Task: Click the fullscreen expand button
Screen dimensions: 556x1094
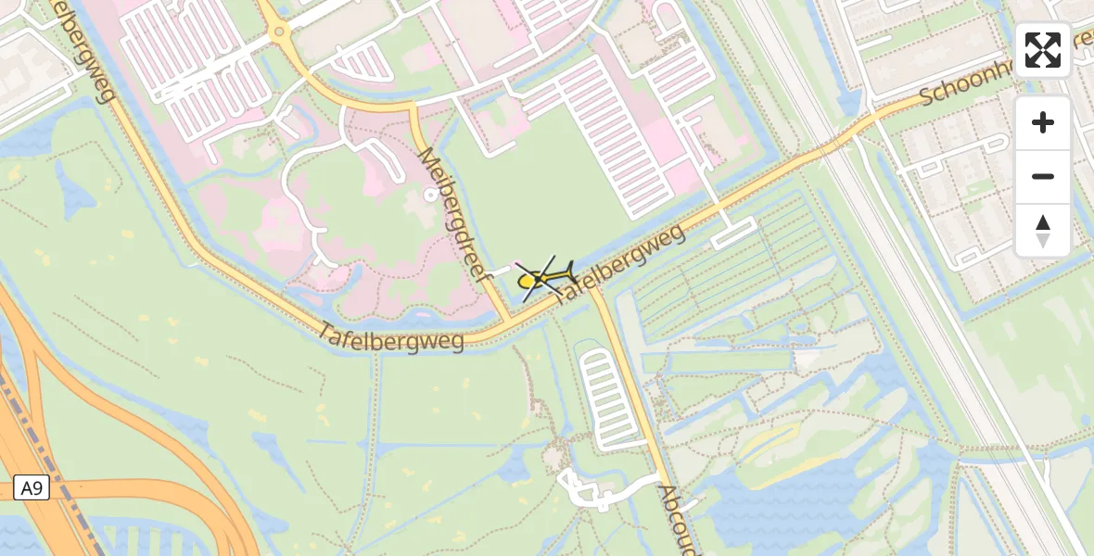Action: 1043,50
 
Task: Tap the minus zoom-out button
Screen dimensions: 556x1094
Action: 1043,176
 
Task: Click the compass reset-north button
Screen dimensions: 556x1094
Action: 1043,231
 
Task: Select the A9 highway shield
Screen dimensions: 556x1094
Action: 32,487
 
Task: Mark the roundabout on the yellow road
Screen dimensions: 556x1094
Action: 278,33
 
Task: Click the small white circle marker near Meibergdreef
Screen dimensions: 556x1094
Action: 429,195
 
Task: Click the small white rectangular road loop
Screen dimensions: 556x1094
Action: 733,233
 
